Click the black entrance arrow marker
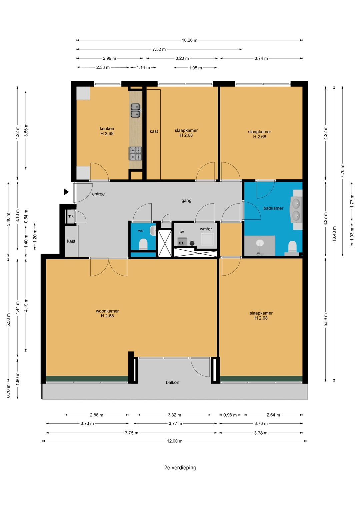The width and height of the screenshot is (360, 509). [x=66, y=192]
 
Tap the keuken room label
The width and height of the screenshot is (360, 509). [x=107, y=129]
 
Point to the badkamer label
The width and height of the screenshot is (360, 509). [x=273, y=208]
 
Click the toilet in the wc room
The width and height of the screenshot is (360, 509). [x=143, y=244]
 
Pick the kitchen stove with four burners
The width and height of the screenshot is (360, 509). [x=135, y=154]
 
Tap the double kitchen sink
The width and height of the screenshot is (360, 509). [x=136, y=110]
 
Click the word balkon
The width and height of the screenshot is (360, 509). [x=173, y=382]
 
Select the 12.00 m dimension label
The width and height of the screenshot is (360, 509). [x=175, y=441]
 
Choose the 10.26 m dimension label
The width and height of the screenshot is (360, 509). [x=190, y=40]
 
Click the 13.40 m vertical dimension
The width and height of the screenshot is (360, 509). [x=334, y=234]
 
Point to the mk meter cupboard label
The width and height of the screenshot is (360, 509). [x=70, y=216]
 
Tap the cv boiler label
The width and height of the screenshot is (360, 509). [x=182, y=232]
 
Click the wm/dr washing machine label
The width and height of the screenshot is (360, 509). [x=206, y=229]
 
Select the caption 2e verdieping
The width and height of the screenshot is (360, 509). [x=180, y=467]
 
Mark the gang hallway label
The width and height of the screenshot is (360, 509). [x=186, y=201]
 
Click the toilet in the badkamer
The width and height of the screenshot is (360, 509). [x=293, y=247]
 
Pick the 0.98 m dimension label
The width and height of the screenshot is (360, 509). [x=230, y=415]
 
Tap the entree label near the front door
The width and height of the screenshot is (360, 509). [x=98, y=194]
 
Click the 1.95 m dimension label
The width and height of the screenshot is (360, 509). [x=195, y=68]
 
